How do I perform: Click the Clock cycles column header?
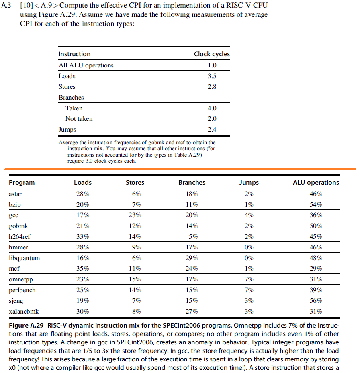tap(212, 54)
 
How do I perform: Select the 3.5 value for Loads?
tap(212, 76)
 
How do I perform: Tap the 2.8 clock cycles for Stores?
tap(212, 87)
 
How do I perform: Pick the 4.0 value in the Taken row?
tap(212, 108)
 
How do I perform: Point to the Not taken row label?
tap(79, 119)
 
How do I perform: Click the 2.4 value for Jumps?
tap(212, 130)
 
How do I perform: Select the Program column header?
tap(22, 183)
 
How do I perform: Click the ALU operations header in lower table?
tap(316, 183)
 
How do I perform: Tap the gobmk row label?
tap(18, 226)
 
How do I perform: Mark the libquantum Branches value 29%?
tap(192, 258)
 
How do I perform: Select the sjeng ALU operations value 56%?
tap(316, 301)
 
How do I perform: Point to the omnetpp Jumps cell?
tap(249, 279)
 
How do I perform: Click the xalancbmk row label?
tap(22, 312)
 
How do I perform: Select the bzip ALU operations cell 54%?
tap(316, 204)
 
